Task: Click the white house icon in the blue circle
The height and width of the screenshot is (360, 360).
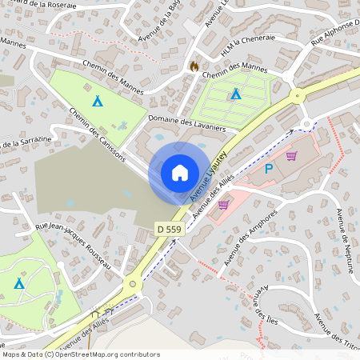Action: (x=179, y=172)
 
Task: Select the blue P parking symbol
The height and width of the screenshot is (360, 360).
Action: (x=269, y=168)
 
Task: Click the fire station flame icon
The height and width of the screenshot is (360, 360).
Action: (x=193, y=66)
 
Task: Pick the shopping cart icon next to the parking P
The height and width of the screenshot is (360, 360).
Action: (x=291, y=156)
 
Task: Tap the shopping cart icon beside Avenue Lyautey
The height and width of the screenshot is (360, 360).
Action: (x=223, y=205)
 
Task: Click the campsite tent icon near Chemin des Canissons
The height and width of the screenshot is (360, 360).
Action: (x=98, y=102)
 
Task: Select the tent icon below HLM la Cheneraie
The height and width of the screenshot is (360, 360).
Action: (x=234, y=94)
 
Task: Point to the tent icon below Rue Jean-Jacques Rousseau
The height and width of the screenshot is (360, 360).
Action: (x=18, y=283)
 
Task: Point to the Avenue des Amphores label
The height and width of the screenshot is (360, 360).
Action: (x=250, y=238)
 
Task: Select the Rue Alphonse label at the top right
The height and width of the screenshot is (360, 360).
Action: (x=335, y=34)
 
